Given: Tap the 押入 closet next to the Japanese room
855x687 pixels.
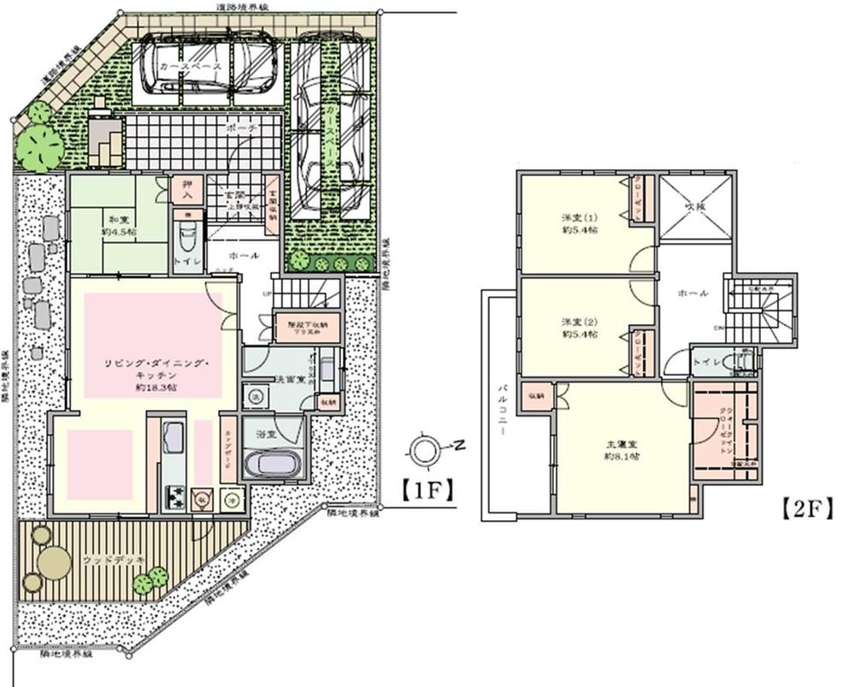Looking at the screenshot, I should pyautogui.click(x=187, y=190).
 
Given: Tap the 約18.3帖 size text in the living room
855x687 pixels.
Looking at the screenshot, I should pyautogui.click(x=156, y=388).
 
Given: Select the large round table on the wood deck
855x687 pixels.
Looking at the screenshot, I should pyautogui.click(x=55, y=564).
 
